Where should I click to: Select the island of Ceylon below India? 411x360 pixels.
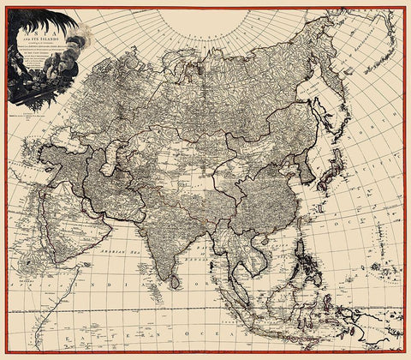click(176, 280)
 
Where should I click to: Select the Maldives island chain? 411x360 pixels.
click(152, 291)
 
